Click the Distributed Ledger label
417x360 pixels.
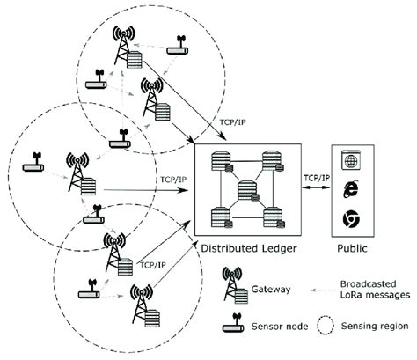(x=249, y=247)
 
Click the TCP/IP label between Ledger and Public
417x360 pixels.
(x=315, y=179)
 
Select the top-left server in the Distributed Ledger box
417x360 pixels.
(x=216, y=163)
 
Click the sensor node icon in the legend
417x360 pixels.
(x=233, y=325)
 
